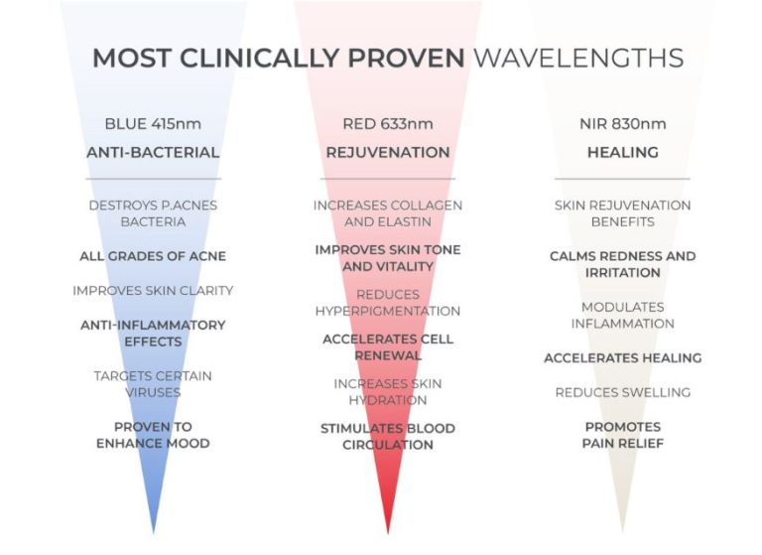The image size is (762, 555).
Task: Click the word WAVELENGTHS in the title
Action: coord(577,57)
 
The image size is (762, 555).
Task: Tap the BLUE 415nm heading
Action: coord(153,124)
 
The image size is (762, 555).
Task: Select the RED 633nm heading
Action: coord(388,124)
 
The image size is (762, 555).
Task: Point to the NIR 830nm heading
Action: coord(622,124)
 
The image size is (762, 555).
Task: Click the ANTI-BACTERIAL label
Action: coord(153,153)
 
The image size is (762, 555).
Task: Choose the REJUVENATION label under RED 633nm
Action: coord(388,153)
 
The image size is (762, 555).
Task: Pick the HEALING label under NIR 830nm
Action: coord(622,153)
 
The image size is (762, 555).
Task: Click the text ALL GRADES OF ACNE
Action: coord(153,256)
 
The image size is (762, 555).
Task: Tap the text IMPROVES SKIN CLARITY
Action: coord(153,291)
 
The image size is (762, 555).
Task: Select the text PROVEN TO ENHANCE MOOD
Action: coord(153,435)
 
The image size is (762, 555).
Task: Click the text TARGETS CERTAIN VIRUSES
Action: coord(153,384)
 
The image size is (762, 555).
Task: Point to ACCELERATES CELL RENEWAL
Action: coord(388,347)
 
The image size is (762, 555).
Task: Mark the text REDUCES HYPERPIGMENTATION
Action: coord(388,303)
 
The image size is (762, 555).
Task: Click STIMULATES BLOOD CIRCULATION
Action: coord(388,437)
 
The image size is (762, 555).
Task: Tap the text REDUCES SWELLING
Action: coord(622,392)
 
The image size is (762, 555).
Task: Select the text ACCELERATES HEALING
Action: coord(622,357)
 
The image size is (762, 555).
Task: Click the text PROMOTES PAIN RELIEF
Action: coord(622,435)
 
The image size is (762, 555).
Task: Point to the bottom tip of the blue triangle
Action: coord(153,530)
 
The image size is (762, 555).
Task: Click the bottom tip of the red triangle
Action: coord(388,532)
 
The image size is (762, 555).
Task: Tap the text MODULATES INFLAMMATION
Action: coord(622,316)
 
